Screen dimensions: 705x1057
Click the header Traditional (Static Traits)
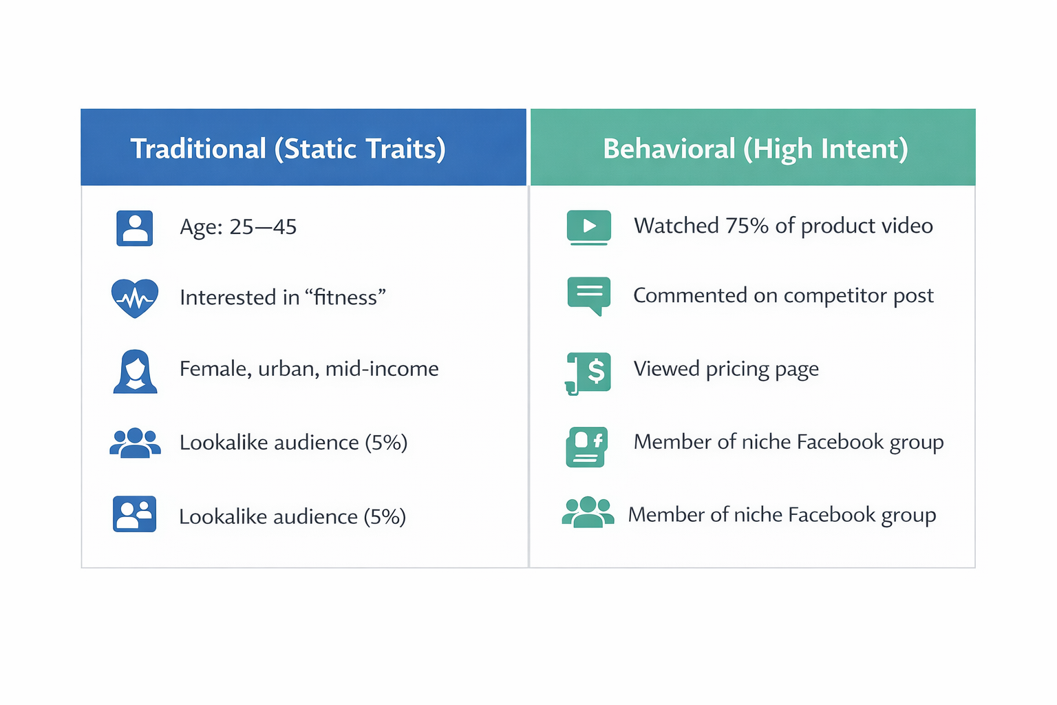click(288, 149)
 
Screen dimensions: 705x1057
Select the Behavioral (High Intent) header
click(755, 149)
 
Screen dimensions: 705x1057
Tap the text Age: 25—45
click(238, 227)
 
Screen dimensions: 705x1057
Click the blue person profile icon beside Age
click(134, 228)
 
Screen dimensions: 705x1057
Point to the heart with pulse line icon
click(135, 297)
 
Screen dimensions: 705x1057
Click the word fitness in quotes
click(345, 297)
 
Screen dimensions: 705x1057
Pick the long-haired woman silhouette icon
click(135, 371)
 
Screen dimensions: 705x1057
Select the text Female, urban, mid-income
click(309, 369)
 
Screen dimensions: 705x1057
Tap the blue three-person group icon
click(135, 443)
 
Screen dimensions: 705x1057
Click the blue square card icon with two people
click(135, 514)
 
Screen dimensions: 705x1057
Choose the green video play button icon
click(588, 227)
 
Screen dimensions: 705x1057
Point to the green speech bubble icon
click(588, 295)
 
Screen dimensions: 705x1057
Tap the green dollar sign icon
click(589, 372)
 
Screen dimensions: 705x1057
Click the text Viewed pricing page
click(726, 369)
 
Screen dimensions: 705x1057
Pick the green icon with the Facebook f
click(586, 447)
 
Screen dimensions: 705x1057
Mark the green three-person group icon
click(588, 512)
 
